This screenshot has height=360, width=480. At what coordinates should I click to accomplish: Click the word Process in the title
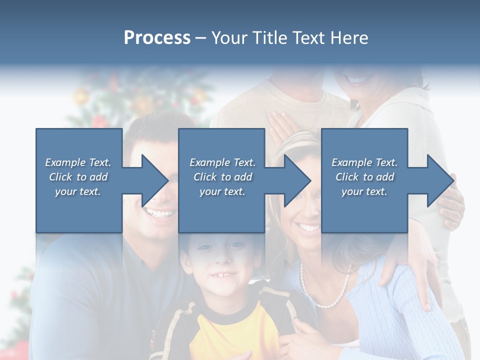pyautogui.click(x=157, y=38)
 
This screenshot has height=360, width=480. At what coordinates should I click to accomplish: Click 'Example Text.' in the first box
pyautogui.click(x=78, y=162)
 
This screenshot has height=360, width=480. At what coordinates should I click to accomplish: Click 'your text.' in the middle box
pyautogui.click(x=222, y=191)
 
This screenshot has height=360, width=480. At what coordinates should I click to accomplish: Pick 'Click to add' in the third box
pyautogui.click(x=364, y=177)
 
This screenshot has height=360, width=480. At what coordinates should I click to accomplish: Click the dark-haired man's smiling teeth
pyautogui.click(x=161, y=214)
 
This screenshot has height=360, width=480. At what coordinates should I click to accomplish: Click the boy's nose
pyautogui.click(x=220, y=260)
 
